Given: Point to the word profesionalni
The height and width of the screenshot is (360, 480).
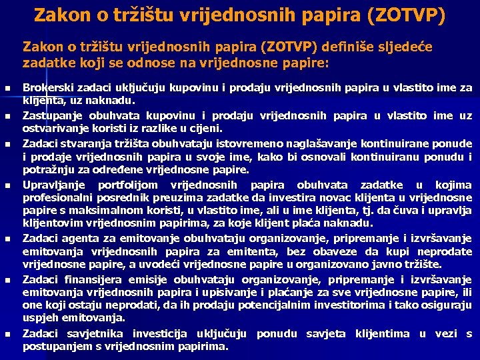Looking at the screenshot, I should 57,198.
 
